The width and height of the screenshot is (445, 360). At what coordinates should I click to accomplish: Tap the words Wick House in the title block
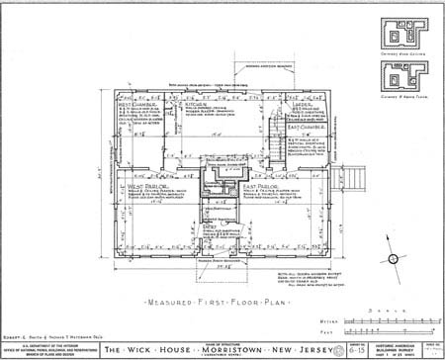tap(164, 347)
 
